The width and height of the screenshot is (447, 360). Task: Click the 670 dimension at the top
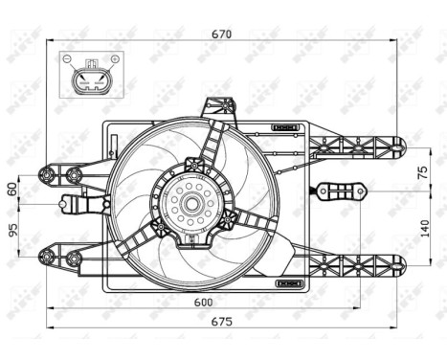222,34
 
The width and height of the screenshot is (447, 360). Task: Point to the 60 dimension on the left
12,189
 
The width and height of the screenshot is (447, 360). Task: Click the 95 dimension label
12,231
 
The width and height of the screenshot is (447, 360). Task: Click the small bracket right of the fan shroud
337,191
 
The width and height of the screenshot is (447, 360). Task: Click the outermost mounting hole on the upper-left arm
45,174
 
